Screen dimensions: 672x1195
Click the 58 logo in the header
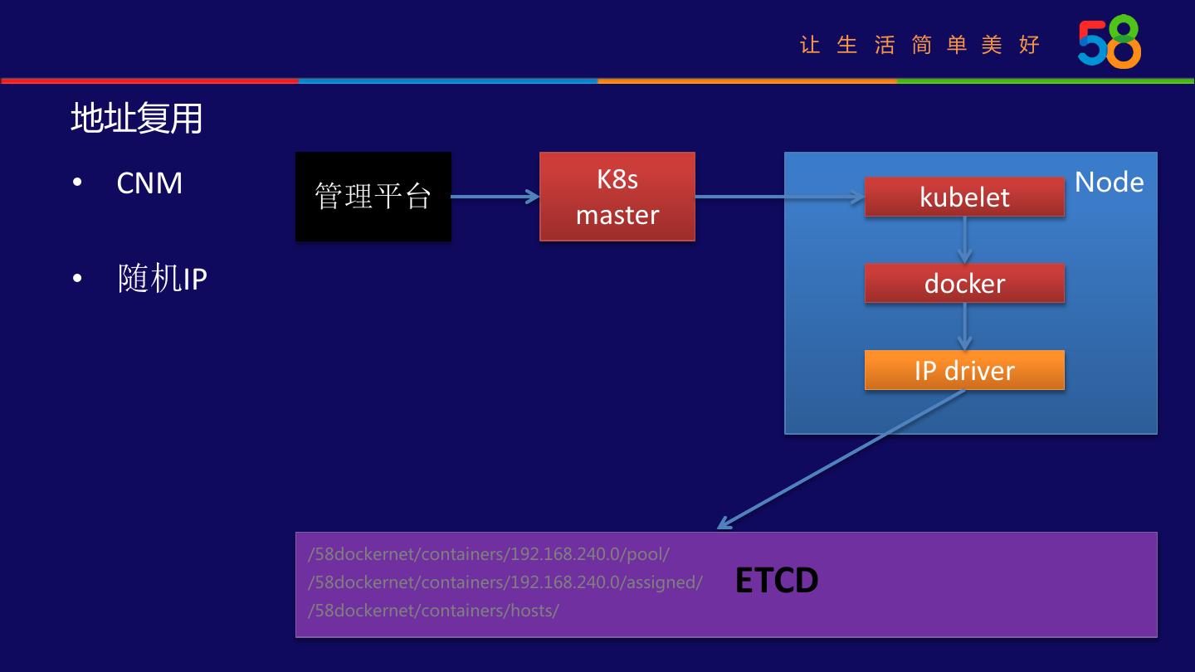pyautogui.click(x=1110, y=41)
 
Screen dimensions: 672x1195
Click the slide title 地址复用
pyautogui.click(x=136, y=119)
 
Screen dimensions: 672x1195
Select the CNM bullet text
pyautogui.click(x=149, y=183)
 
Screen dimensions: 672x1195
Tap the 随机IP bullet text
pyautogui.click(x=162, y=279)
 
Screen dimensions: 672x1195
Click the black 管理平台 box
pyautogui.click(x=373, y=197)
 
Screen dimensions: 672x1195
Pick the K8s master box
pyautogui.click(x=617, y=197)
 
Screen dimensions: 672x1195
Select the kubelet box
pyautogui.click(x=964, y=197)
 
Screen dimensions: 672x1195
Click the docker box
pyautogui.click(x=964, y=284)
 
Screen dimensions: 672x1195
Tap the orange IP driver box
pyautogui.click(x=964, y=370)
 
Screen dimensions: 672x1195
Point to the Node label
pyautogui.click(x=1109, y=183)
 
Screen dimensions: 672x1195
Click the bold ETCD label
pyautogui.click(x=777, y=581)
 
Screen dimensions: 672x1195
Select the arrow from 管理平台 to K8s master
pyautogui.click(x=495, y=197)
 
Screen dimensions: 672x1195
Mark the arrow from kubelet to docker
pyautogui.click(x=964, y=240)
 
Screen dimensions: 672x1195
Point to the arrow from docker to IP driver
pyautogui.click(x=964, y=326)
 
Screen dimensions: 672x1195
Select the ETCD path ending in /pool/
pyautogui.click(x=488, y=554)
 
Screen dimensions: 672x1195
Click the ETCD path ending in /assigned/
pyautogui.click(x=505, y=582)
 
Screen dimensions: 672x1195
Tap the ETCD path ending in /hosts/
pyautogui.click(x=433, y=611)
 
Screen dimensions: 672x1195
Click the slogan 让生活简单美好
pyautogui.click(x=919, y=45)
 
